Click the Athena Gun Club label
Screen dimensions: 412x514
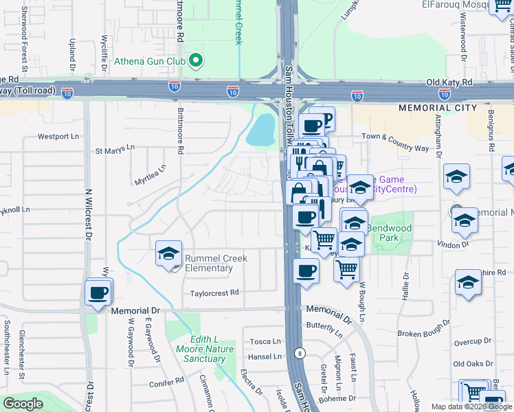click(151, 61)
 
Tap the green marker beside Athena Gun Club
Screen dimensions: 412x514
click(195, 61)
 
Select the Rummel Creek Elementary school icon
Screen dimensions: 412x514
click(168, 253)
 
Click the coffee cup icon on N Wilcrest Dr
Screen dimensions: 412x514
click(98, 293)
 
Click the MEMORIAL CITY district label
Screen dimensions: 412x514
click(438, 108)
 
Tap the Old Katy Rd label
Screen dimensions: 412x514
click(450, 82)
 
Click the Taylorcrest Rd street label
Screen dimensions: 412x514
click(215, 293)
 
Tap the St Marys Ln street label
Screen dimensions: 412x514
click(115, 149)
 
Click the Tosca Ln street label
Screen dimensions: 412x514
click(265, 341)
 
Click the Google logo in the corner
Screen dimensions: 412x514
click(23, 403)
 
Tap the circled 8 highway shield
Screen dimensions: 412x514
click(300, 353)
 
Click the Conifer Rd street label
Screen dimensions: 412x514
click(169, 379)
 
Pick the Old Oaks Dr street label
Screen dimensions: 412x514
click(472, 364)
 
